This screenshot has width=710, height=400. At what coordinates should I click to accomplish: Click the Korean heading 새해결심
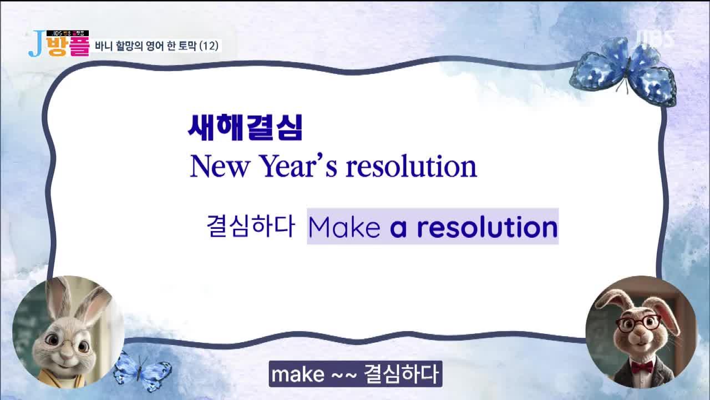point(245,127)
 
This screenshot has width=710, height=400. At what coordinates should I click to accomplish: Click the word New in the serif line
point(220,166)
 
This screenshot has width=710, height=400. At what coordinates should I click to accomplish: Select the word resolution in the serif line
point(412,166)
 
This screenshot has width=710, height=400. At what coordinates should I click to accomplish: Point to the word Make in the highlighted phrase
point(344,227)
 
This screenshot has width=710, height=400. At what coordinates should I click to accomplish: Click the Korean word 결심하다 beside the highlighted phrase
point(251,226)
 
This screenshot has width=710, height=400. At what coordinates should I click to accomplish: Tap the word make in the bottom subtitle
point(298,374)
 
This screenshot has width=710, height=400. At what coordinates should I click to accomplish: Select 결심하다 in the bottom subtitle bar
point(401,374)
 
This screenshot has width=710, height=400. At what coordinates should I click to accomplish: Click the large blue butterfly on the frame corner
point(623,72)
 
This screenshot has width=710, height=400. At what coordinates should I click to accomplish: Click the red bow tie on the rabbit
point(642,367)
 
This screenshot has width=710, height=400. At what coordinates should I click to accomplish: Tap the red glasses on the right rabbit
point(638,324)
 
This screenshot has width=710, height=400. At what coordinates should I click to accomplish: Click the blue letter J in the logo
point(36,44)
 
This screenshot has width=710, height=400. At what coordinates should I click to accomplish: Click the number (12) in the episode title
point(209,46)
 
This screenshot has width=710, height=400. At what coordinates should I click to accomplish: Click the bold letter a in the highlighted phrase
point(398,228)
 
